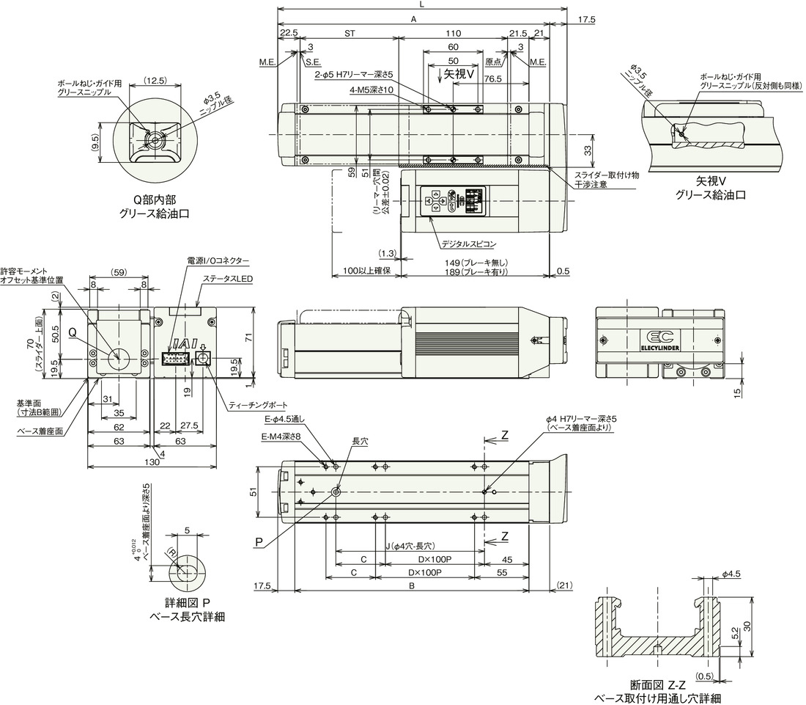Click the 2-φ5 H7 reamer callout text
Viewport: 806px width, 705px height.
pyautogui.click(x=354, y=74)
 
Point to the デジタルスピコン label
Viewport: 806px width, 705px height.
pyautogui.click(x=469, y=242)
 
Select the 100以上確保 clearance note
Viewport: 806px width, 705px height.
pyautogui.click(x=366, y=271)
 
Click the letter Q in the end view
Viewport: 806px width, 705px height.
pyautogui.click(x=73, y=332)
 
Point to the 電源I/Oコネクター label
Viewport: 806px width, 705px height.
pyautogui.click(x=218, y=260)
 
